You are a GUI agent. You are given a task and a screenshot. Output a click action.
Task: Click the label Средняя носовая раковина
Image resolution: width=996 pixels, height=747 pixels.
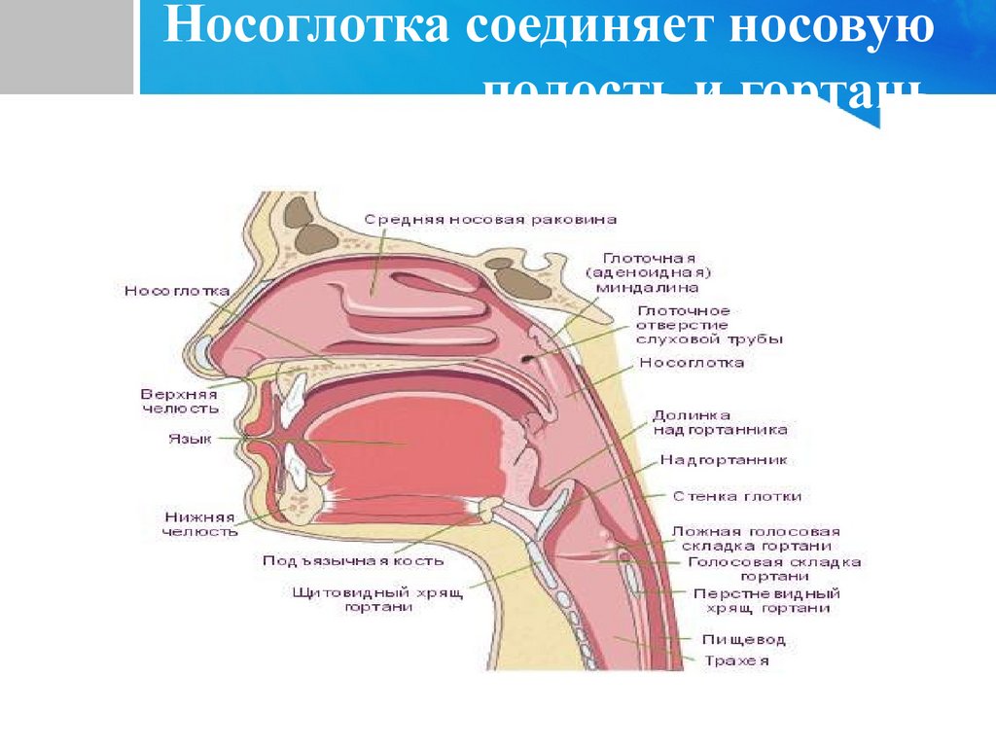[x=490, y=220]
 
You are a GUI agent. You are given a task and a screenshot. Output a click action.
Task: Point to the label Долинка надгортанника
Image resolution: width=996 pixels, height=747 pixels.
[x=719, y=421]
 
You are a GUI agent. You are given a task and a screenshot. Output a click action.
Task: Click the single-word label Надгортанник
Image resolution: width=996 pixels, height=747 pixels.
[x=724, y=459]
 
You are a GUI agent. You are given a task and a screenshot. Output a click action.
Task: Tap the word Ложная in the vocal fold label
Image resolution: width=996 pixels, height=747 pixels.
[x=703, y=532]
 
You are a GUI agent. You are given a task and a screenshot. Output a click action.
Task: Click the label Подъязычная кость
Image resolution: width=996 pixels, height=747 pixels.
[x=353, y=560]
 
